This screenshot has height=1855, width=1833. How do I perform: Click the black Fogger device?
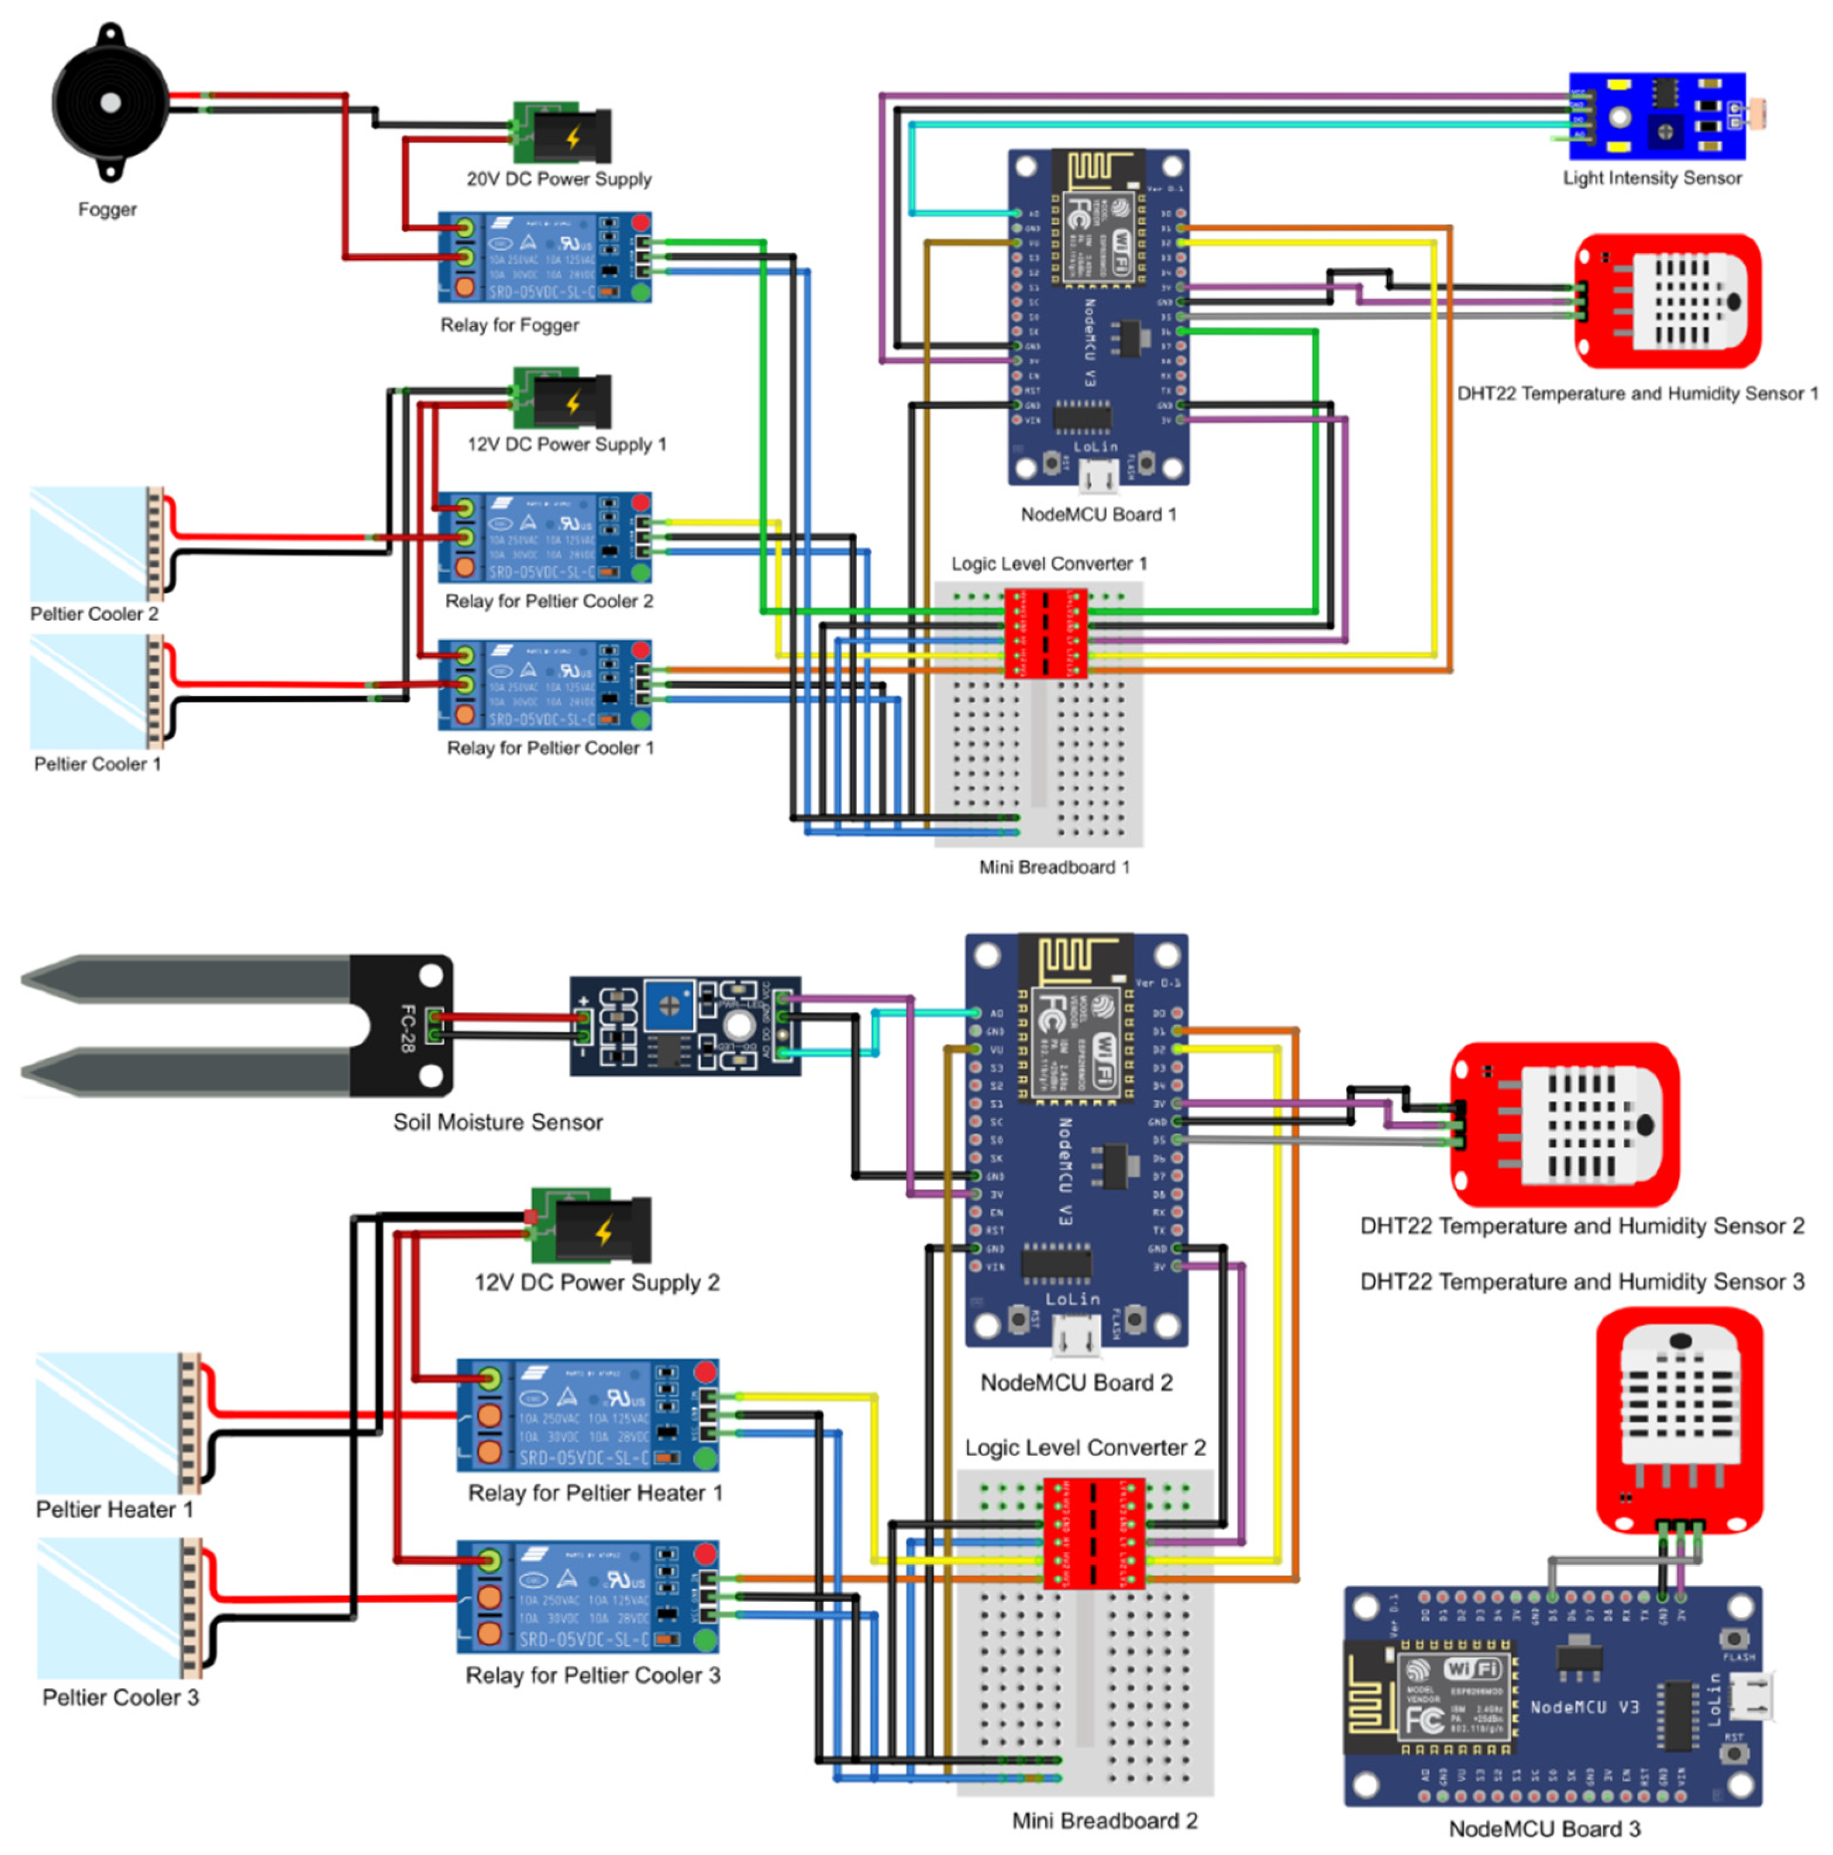pyautogui.click(x=109, y=103)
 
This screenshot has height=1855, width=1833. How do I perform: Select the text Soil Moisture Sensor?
pyautogui.click(x=497, y=1122)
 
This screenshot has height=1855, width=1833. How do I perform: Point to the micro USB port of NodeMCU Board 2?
pyautogui.click(x=1076, y=1335)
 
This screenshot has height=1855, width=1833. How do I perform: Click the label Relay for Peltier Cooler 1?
pyautogui.click(x=549, y=748)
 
